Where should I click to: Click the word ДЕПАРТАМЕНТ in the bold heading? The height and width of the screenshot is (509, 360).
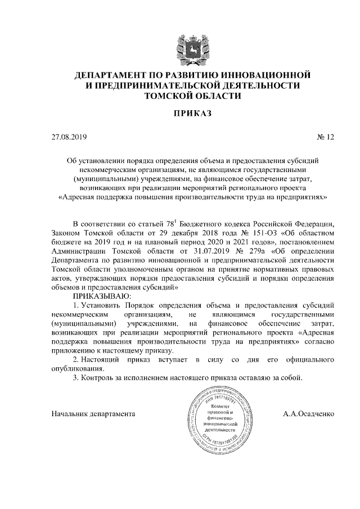[x=113, y=75]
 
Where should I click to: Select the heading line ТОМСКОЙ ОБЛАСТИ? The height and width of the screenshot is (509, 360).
[x=185, y=96]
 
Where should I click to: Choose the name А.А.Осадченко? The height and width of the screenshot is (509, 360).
[x=309, y=413]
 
